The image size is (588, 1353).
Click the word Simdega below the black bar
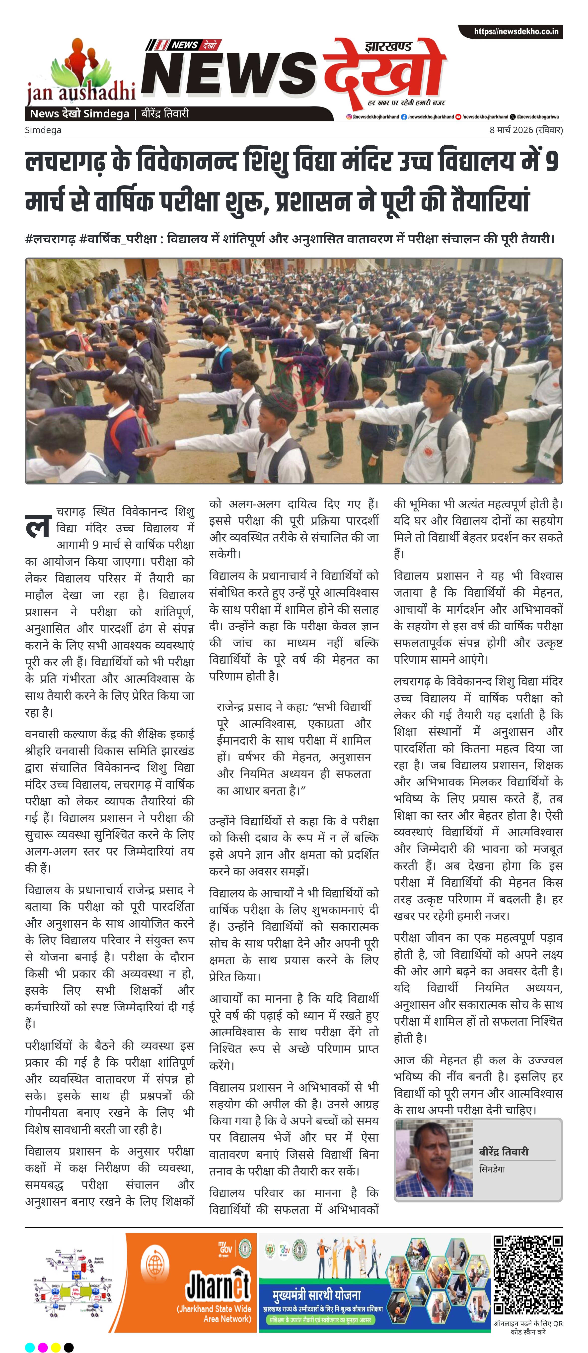click(43, 130)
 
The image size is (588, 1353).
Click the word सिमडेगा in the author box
click(492, 1169)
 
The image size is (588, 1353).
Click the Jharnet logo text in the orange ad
click(218, 1285)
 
